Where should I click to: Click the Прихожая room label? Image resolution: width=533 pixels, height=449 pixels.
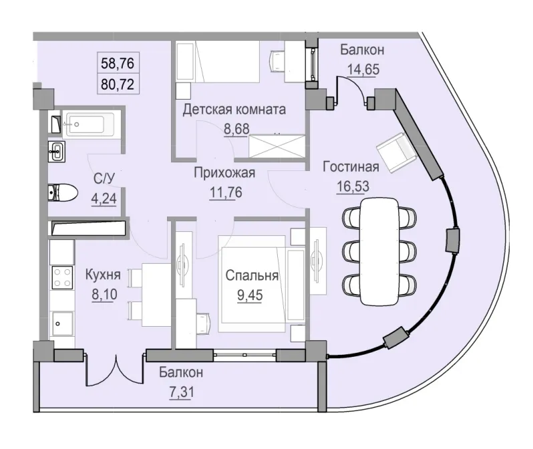pos(224,174)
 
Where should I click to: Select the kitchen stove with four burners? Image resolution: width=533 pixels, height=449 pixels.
pos(63,277)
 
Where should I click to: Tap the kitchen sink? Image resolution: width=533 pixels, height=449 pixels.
pos(62,325)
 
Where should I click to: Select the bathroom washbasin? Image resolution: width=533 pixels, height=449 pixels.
pos(58,152)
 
